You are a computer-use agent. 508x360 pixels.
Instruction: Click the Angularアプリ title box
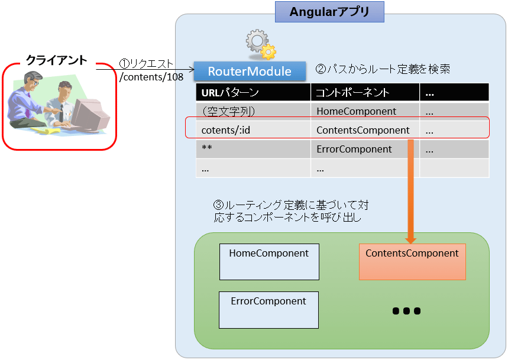[329, 12]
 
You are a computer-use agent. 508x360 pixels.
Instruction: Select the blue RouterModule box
[250, 71]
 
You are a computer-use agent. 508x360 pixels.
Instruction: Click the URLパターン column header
[253, 92]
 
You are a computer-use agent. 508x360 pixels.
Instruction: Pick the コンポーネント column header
[365, 92]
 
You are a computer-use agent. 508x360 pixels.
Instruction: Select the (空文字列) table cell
[253, 111]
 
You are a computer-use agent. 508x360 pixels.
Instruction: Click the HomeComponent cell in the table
[365, 111]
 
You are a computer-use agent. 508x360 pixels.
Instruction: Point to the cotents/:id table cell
[253, 130]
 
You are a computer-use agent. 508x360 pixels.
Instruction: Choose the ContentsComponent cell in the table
[365, 130]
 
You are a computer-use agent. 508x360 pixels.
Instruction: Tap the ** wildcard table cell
[253, 149]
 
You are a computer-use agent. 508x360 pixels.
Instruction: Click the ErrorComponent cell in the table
[365, 149]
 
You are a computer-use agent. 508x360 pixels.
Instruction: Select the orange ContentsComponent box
[412, 261]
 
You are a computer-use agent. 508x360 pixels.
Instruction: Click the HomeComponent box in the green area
[269, 261]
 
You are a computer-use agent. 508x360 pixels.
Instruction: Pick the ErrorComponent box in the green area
[268, 309]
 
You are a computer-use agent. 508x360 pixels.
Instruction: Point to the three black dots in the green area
[406, 311]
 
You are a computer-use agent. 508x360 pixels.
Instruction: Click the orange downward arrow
[410, 195]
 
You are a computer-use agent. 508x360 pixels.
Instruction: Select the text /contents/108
[151, 76]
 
